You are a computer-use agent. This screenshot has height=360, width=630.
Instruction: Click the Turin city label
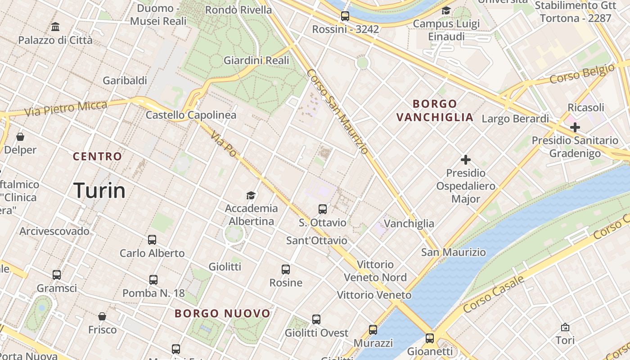99,190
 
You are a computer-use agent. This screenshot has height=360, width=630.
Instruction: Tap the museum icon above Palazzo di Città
55,27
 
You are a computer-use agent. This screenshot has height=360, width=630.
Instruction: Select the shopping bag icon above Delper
20,136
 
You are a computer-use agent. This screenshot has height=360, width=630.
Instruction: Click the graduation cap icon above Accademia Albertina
251,195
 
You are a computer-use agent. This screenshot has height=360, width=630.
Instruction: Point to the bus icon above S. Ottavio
322,209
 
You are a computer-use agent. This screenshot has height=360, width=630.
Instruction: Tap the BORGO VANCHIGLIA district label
435,111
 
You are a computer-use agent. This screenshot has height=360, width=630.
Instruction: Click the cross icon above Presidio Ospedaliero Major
465,159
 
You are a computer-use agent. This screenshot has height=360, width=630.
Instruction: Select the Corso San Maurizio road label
338,111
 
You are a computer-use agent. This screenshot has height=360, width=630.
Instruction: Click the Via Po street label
223,144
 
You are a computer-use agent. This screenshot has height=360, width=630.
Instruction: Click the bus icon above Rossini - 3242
345,16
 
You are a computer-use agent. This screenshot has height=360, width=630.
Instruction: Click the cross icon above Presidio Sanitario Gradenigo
575,127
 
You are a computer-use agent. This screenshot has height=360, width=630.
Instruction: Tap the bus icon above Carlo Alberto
152,239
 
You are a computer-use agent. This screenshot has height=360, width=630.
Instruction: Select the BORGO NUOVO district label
222,313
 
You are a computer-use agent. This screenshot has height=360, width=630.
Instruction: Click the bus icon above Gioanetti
430,338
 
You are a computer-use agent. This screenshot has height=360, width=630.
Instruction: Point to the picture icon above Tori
565,327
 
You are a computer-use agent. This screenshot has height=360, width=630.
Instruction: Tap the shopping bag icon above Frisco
102,316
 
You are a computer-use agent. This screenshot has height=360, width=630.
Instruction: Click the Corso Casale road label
494,294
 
